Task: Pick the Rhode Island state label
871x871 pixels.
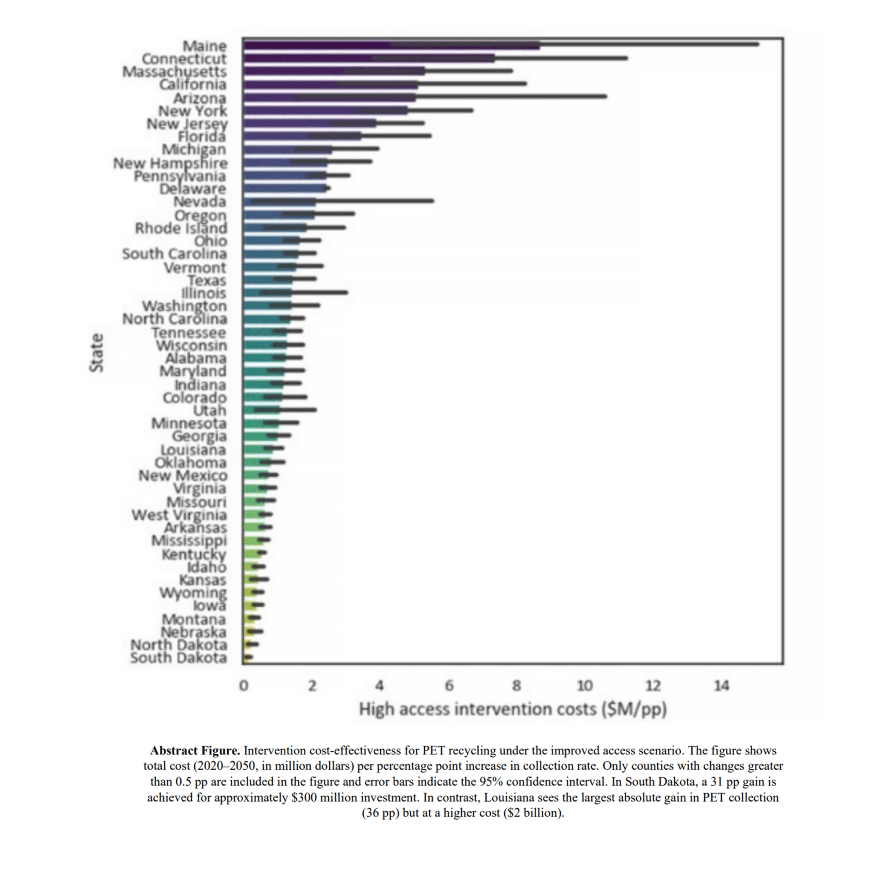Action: (181, 228)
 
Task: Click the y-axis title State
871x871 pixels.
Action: (97, 353)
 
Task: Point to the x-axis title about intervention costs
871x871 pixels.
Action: (513, 709)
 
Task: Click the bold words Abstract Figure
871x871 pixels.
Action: (195, 751)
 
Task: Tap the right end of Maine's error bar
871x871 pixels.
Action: (758, 44)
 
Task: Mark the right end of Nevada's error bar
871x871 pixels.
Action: (433, 201)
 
